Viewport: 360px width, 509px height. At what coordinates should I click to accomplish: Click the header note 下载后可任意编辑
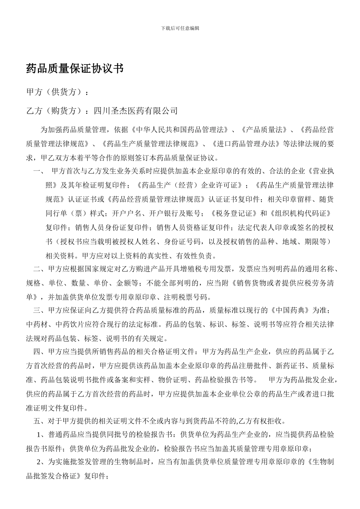tap(180, 28)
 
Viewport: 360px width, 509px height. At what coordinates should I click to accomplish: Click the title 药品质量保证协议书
tap(75, 69)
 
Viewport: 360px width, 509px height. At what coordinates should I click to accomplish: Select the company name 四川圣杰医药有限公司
tap(135, 111)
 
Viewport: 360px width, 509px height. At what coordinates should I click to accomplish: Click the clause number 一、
tap(39, 171)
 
